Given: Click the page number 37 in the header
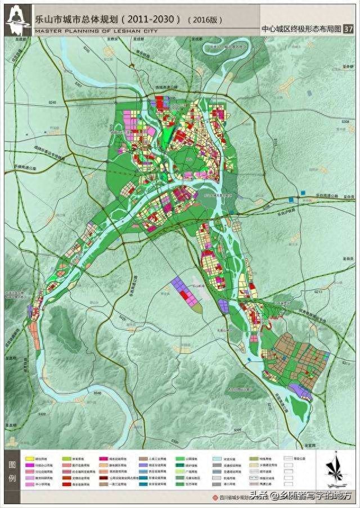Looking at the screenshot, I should tap(348, 29).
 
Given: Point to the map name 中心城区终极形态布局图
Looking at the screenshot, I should tap(301, 30).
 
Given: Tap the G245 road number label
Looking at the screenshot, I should tap(53, 103).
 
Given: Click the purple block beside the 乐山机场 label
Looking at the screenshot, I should tap(186, 291).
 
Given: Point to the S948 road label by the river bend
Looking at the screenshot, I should tap(97, 393).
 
